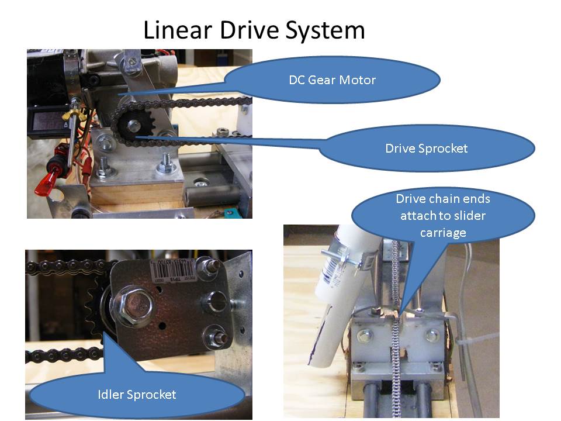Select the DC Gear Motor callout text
[332, 80]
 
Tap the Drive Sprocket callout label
[426, 149]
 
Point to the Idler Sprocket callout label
[137, 394]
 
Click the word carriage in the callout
[443, 233]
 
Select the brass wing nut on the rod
[77, 113]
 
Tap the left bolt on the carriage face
[364, 335]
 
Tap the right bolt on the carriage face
[432, 335]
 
